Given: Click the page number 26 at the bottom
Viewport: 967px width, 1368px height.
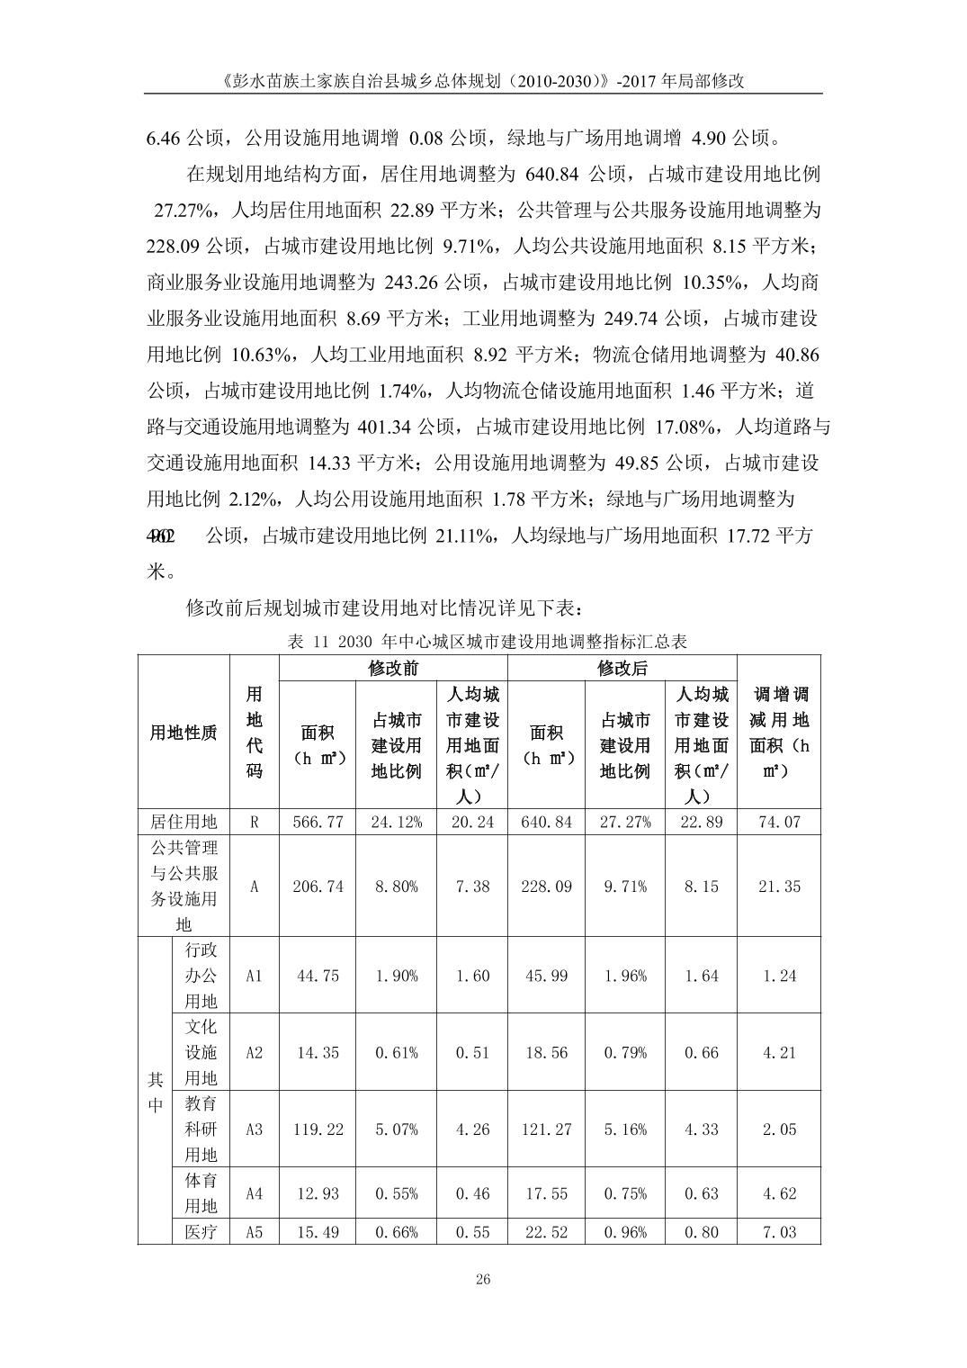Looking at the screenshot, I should point(483,1280).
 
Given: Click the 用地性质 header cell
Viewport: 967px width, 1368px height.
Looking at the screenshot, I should point(184,733).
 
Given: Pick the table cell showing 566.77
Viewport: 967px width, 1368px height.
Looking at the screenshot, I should point(318,822).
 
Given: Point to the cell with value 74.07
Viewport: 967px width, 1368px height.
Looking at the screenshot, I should point(779,822).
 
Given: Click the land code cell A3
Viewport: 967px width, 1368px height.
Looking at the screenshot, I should point(255,1129).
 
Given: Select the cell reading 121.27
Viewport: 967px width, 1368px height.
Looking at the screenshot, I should point(546,1129).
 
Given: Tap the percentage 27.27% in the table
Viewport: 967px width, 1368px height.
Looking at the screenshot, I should point(624,822).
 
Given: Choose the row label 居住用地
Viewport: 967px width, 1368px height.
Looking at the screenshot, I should point(184,822).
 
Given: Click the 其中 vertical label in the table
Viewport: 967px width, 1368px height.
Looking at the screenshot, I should point(155,1092).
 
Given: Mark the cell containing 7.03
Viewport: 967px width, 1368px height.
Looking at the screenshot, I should point(779,1232).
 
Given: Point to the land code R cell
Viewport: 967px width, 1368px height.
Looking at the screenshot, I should point(255,822).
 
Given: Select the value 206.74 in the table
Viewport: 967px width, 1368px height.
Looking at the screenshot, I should point(318,886).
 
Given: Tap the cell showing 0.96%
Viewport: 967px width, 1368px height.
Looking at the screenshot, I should point(624,1232).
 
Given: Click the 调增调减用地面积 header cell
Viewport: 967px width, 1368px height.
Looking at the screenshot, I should point(779,733).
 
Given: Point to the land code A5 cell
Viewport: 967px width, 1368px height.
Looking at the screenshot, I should point(255,1232).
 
